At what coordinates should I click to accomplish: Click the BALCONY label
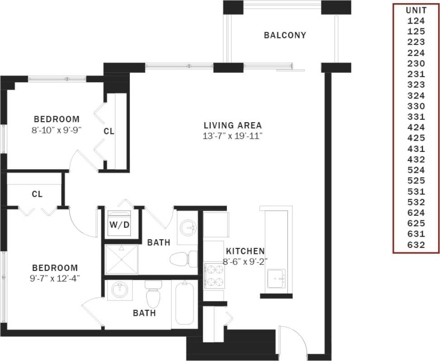(285, 35)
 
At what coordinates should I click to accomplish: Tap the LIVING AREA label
(233, 125)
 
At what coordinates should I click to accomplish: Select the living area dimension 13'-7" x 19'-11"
(233, 136)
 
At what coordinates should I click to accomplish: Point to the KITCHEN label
(245, 251)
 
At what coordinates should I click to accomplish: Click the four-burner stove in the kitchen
(214, 275)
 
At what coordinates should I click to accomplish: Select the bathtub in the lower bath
(185, 303)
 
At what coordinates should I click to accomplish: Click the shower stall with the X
(122, 259)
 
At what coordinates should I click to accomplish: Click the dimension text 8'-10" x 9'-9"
(57, 130)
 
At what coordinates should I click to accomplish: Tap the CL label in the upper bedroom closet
(109, 132)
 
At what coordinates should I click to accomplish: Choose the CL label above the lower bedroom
(37, 194)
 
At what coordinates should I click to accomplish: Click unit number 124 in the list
(416, 20)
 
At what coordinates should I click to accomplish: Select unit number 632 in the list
(416, 245)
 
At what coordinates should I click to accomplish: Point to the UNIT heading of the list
(416, 10)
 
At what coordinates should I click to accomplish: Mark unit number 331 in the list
(416, 117)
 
